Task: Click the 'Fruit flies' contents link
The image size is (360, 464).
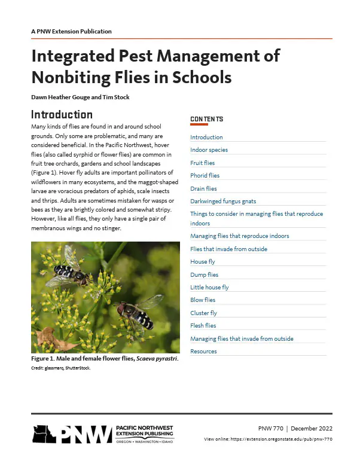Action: tap(202, 163)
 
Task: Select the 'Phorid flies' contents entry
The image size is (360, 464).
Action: tap(205, 176)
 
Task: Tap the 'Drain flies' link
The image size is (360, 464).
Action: tap(203, 189)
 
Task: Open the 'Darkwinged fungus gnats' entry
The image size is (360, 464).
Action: tap(222, 202)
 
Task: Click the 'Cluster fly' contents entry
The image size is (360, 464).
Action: tap(203, 313)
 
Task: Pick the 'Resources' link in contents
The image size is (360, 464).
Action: tap(203, 351)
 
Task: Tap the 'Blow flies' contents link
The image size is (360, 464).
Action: tap(203, 300)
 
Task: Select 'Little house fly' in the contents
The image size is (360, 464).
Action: tap(209, 287)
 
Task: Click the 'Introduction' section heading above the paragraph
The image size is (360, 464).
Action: tap(62, 114)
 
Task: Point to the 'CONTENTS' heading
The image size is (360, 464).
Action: tap(207, 120)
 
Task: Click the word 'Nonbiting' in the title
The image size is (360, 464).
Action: tap(73, 77)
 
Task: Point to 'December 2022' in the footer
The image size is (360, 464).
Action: tap(312, 428)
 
